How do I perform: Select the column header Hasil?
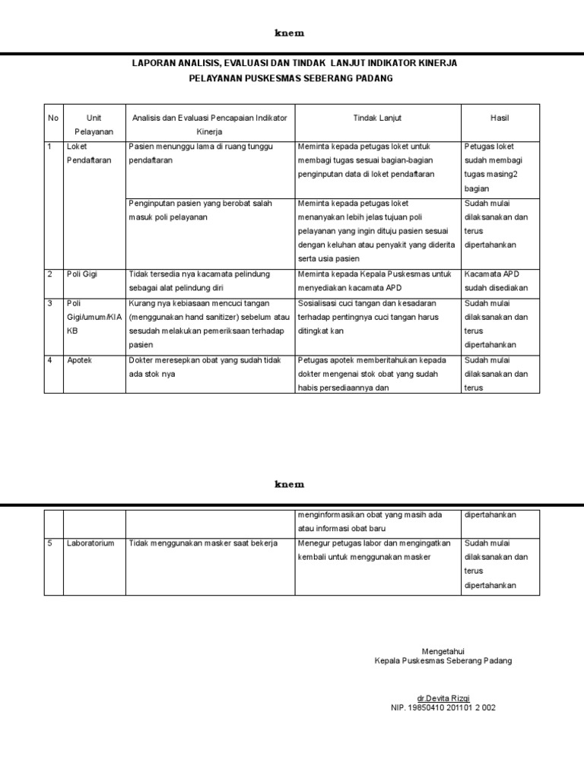tap(500, 118)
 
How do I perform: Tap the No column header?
tap(52, 118)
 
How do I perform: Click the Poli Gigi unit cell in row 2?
tap(82, 274)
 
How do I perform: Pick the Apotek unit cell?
tap(79, 360)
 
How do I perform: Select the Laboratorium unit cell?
tap(90, 543)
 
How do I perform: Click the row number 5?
tap(50, 543)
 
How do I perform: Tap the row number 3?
tap(50, 303)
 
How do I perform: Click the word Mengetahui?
tap(443, 651)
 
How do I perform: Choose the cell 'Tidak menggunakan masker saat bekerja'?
tap(203, 543)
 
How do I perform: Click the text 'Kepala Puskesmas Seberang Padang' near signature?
tap(443, 661)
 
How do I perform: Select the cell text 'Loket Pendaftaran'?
tap(86, 153)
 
